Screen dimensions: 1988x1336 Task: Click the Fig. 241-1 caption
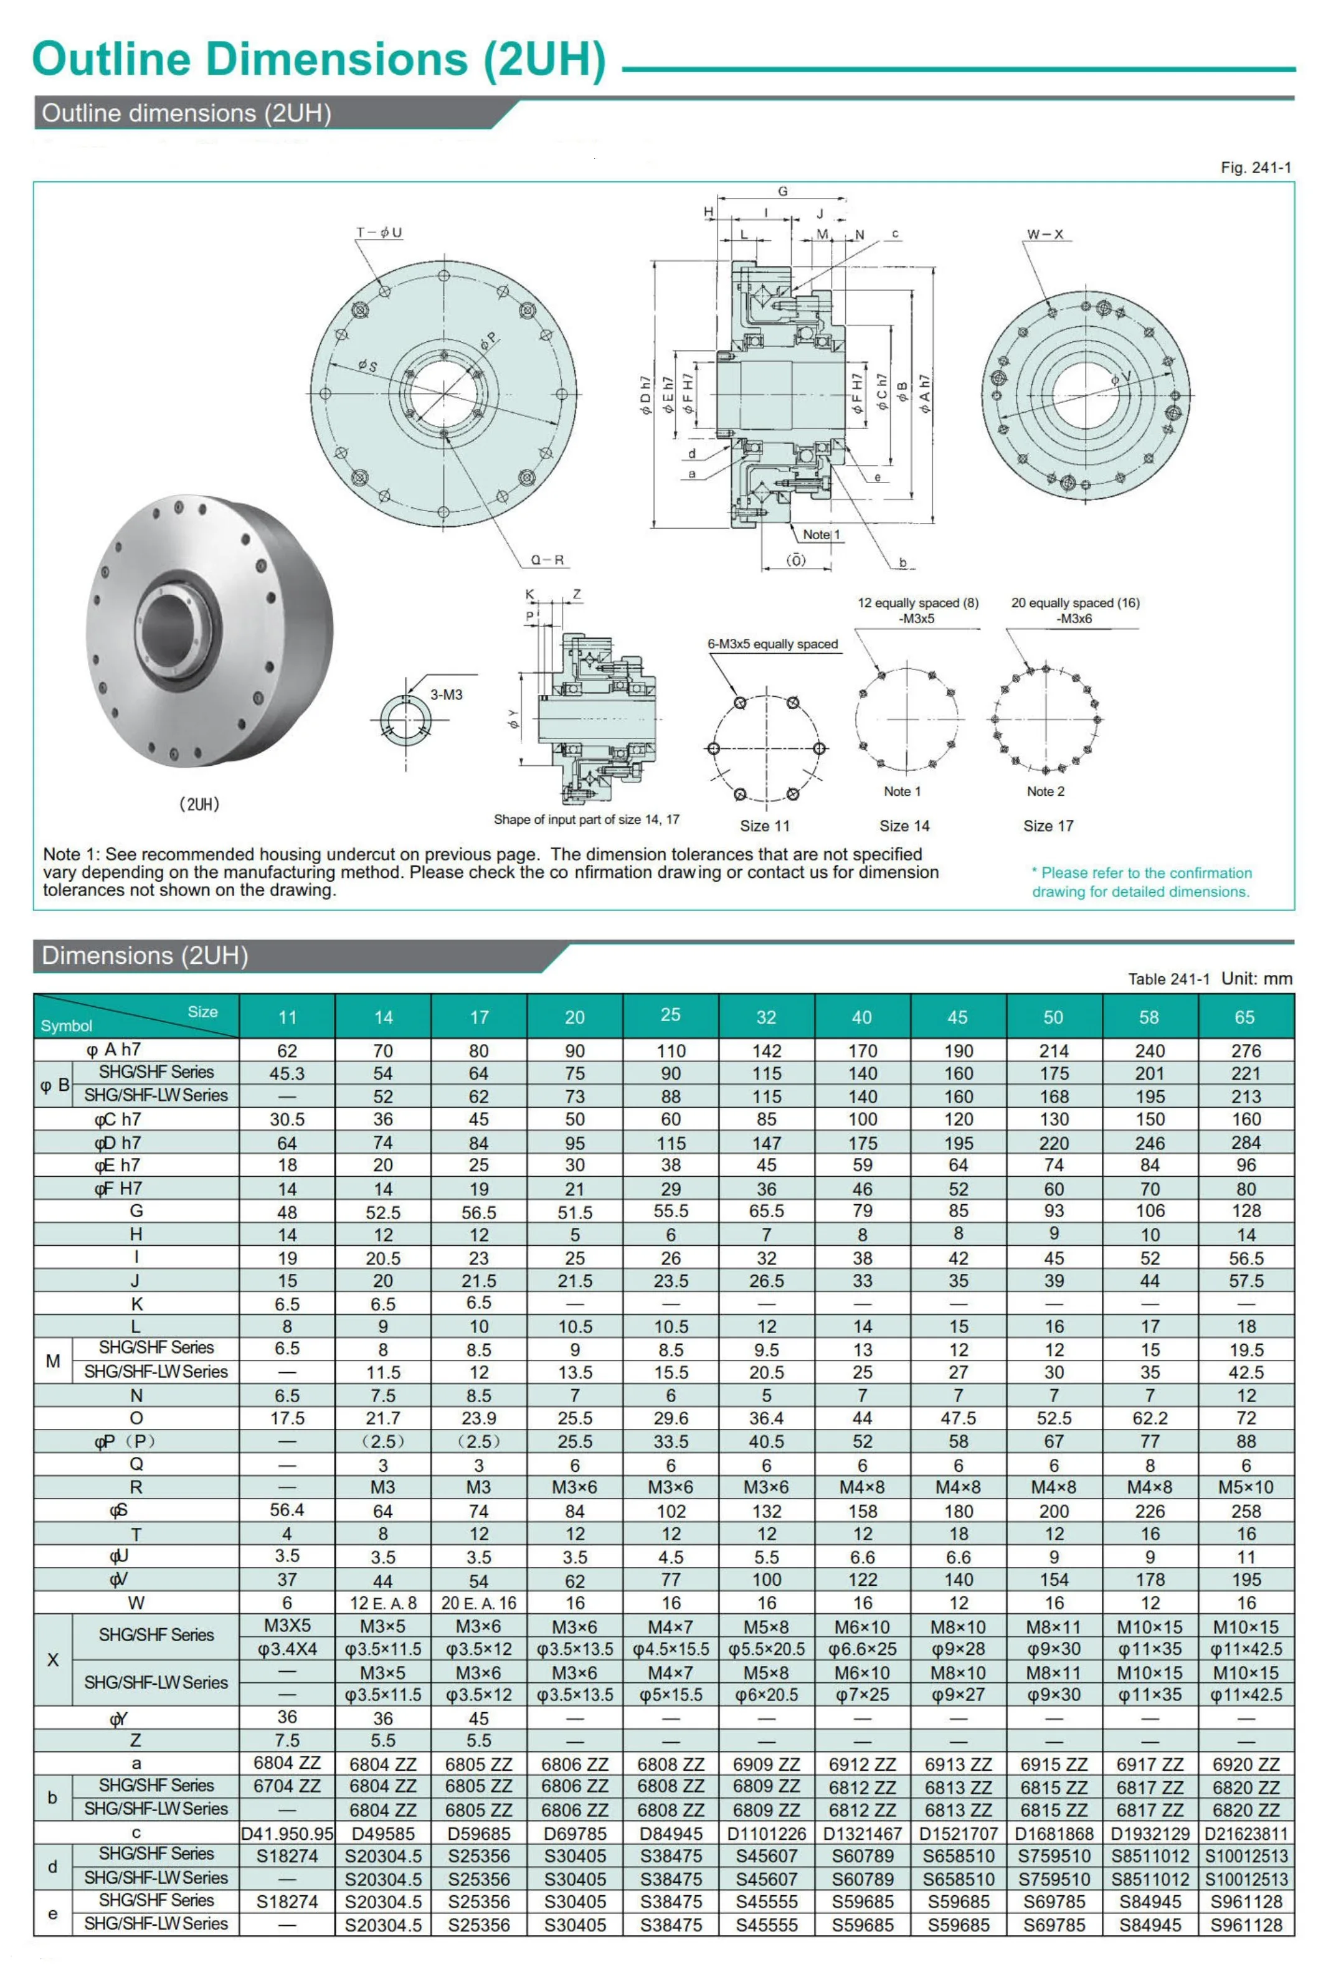click(1255, 168)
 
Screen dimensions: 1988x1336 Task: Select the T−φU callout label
click(379, 232)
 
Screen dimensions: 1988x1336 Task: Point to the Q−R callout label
click(547, 560)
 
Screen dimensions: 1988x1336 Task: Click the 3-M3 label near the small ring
click(445, 695)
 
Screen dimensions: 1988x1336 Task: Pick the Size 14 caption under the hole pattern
click(904, 826)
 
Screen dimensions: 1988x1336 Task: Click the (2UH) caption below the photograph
click(199, 804)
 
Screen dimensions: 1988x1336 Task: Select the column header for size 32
click(766, 1017)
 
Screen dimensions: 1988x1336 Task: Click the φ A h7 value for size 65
click(1245, 1051)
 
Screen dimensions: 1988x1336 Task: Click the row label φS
click(120, 1510)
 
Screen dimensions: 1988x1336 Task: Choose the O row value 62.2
click(1149, 1418)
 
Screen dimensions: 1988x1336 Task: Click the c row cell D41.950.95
click(287, 1833)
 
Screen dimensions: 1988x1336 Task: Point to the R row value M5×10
click(1245, 1487)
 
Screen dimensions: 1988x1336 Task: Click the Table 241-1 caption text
click(1168, 979)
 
